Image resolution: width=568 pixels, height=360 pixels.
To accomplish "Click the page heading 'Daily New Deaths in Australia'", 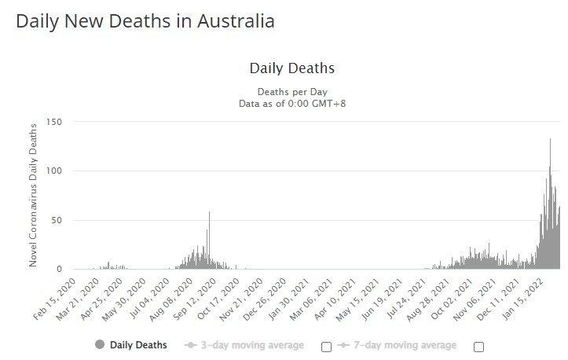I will [145, 21].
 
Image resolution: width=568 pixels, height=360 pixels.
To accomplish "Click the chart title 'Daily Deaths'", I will [291, 68].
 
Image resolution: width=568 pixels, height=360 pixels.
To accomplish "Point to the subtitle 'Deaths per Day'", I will [291, 91].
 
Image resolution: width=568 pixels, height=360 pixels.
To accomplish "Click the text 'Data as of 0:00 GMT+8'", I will [291, 103].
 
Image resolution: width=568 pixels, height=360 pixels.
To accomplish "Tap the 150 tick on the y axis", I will [54, 122].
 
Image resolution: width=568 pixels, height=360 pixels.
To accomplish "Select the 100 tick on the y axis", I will [54, 171].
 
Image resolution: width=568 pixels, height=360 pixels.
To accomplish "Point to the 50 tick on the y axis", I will [57, 220].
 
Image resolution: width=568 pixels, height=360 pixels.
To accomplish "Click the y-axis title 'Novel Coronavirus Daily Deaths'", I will [34, 194].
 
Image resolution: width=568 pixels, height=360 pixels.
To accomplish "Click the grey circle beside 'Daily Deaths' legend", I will [99, 345].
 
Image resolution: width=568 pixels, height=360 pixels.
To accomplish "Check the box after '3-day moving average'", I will [326, 346].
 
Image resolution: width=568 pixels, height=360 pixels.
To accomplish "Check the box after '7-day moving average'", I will [478, 346].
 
